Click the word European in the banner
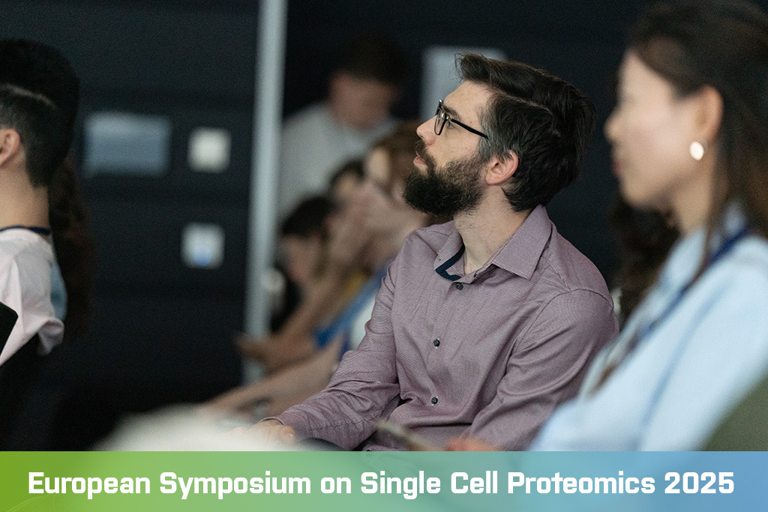[x=89, y=483]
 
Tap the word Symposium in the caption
[x=235, y=484]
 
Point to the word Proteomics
[x=581, y=484]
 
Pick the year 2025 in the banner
[x=699, y=483]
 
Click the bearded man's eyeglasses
[x=458, y=121]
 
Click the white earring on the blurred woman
[x=697, y=150]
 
